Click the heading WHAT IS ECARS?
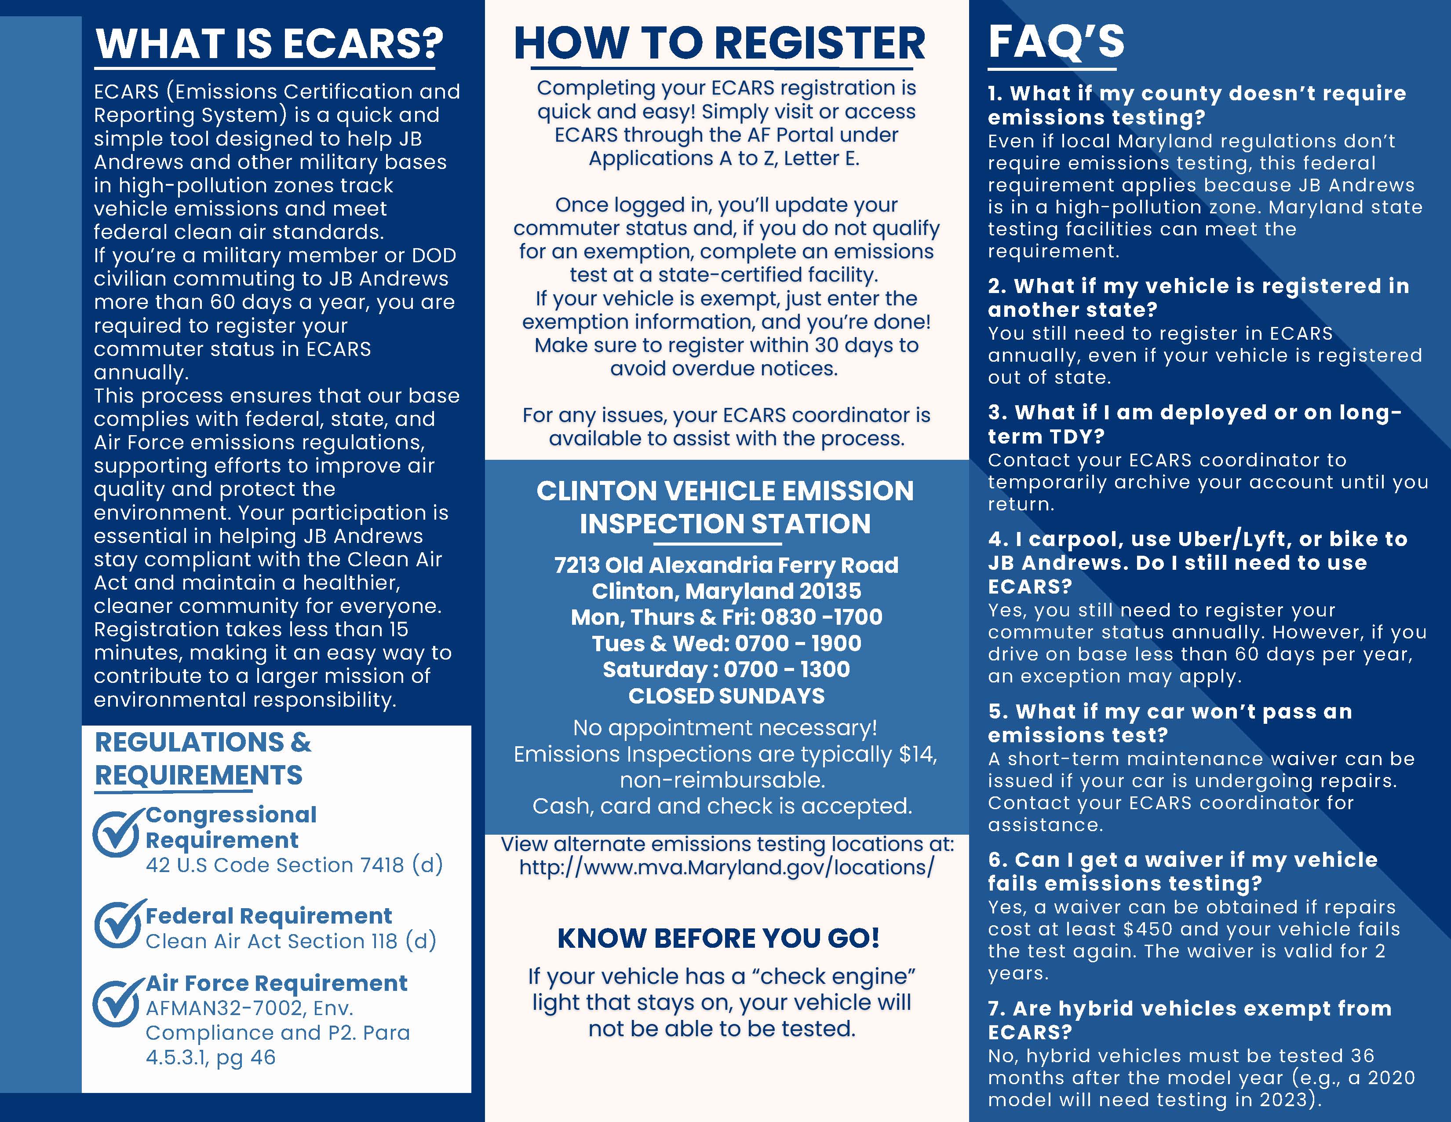(269, 44)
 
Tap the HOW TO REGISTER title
(719, 44)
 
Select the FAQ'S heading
(1056, 41)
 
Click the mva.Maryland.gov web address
(727, 867)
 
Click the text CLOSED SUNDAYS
(726, 696)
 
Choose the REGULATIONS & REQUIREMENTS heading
(203, 759)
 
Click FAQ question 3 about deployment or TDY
(1194, 424)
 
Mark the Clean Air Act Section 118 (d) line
(290, 941)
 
